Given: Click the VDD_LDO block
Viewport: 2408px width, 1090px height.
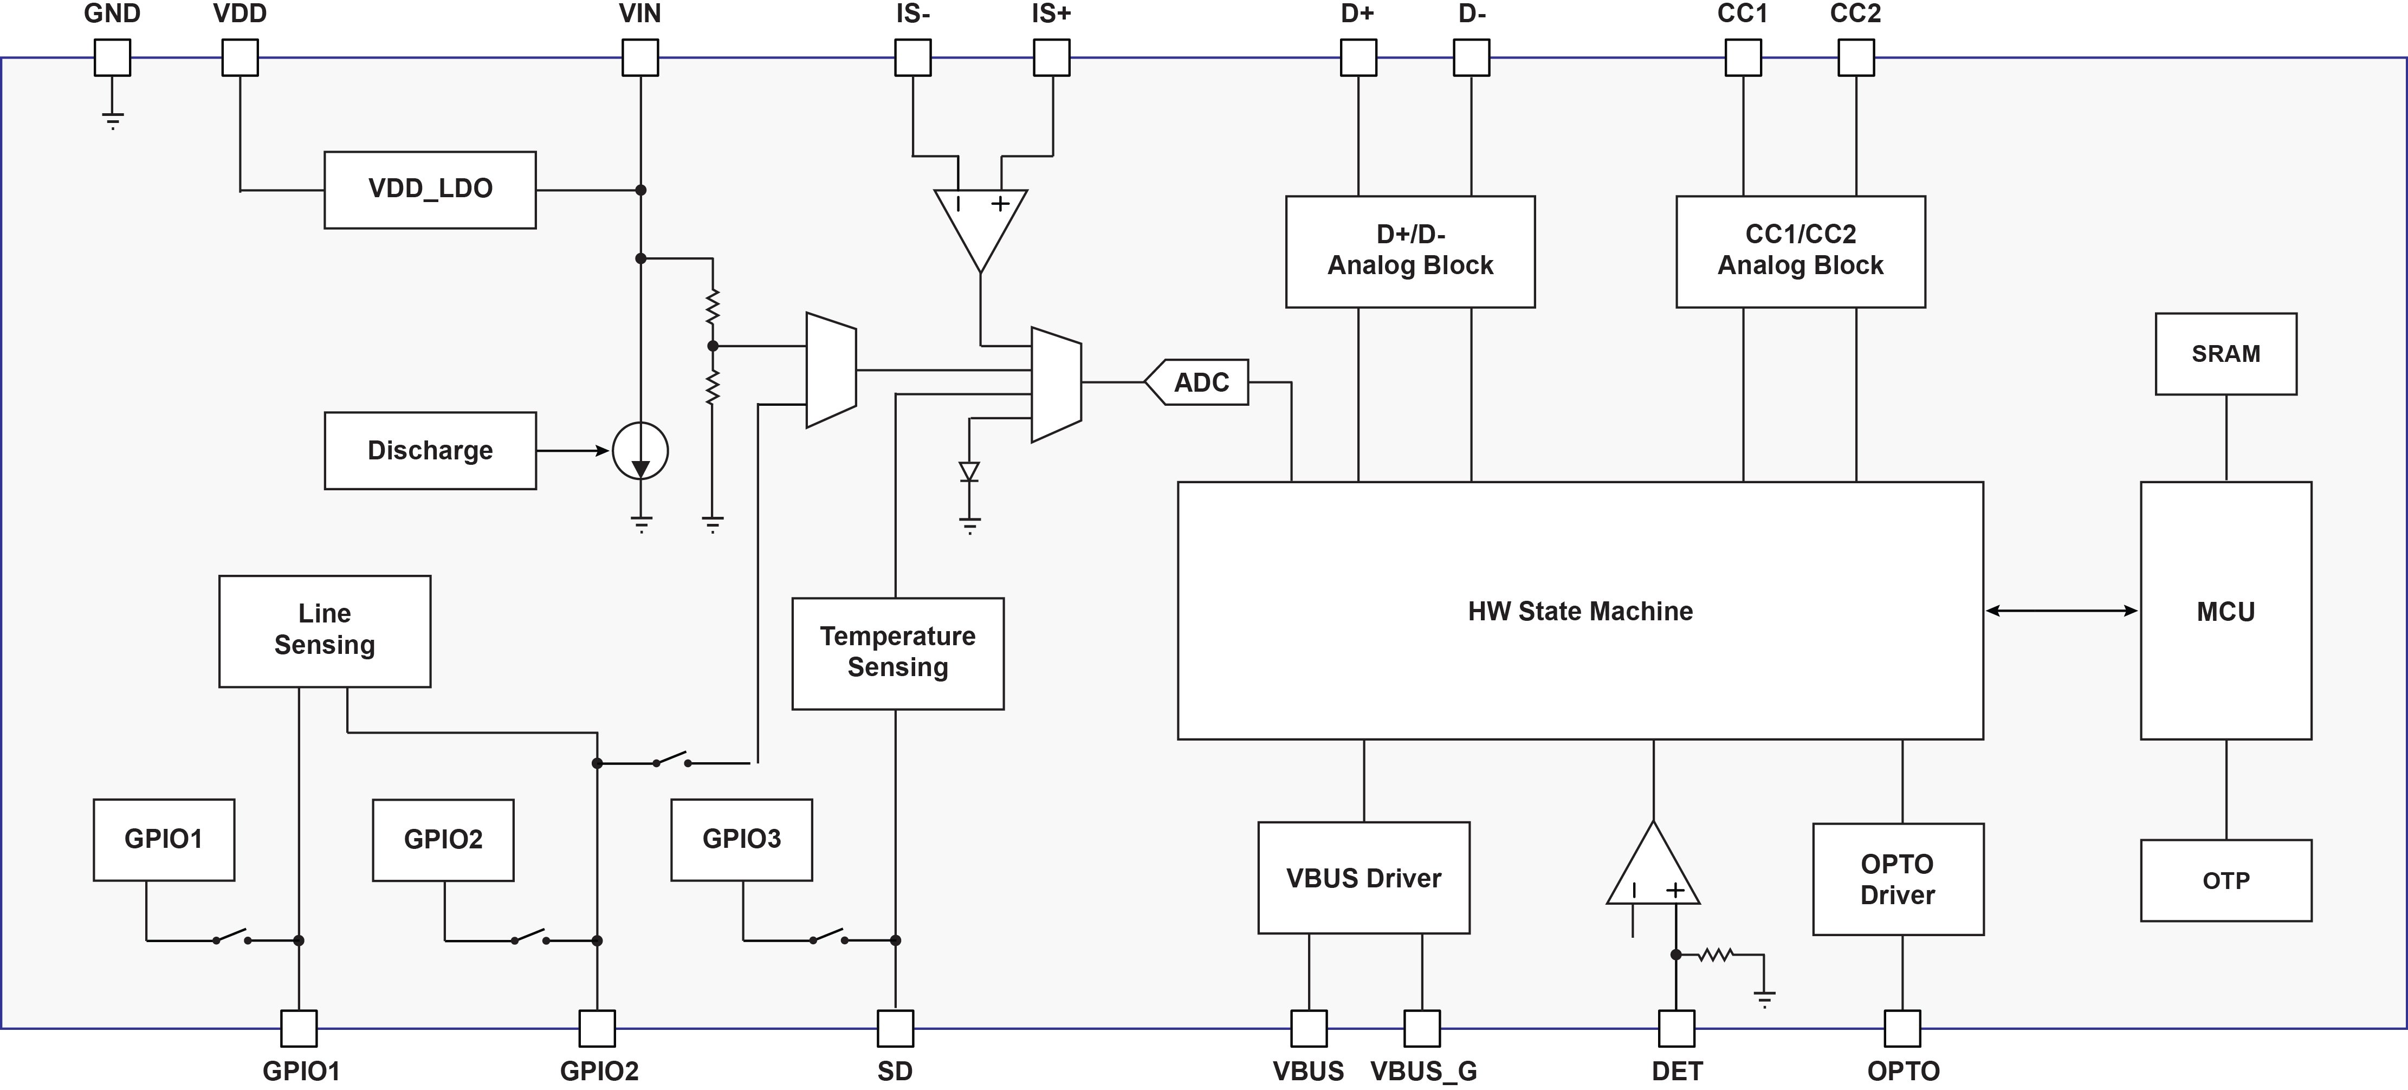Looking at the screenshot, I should click(x=430, y=190).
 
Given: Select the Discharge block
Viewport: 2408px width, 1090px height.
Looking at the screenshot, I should click(x=430, y=451).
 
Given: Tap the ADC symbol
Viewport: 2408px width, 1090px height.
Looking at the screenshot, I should click(x=1199, y=382).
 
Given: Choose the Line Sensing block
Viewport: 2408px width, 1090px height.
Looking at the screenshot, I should click(x=325, y=631).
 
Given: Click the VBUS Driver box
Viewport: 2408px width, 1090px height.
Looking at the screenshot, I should click(x=1363, y=878).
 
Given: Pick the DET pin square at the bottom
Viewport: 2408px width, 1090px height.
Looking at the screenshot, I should click(x=1676, y=1028).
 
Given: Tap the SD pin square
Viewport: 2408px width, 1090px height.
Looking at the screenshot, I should click(x=895, y=1028).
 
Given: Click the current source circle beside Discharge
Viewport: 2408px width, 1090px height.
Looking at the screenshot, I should click(x=640, y=451).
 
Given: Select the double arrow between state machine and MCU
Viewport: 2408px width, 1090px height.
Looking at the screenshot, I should click(x=2061, y=612).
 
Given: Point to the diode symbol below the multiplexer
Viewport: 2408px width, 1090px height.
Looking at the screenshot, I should click(x=969, y=472).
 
